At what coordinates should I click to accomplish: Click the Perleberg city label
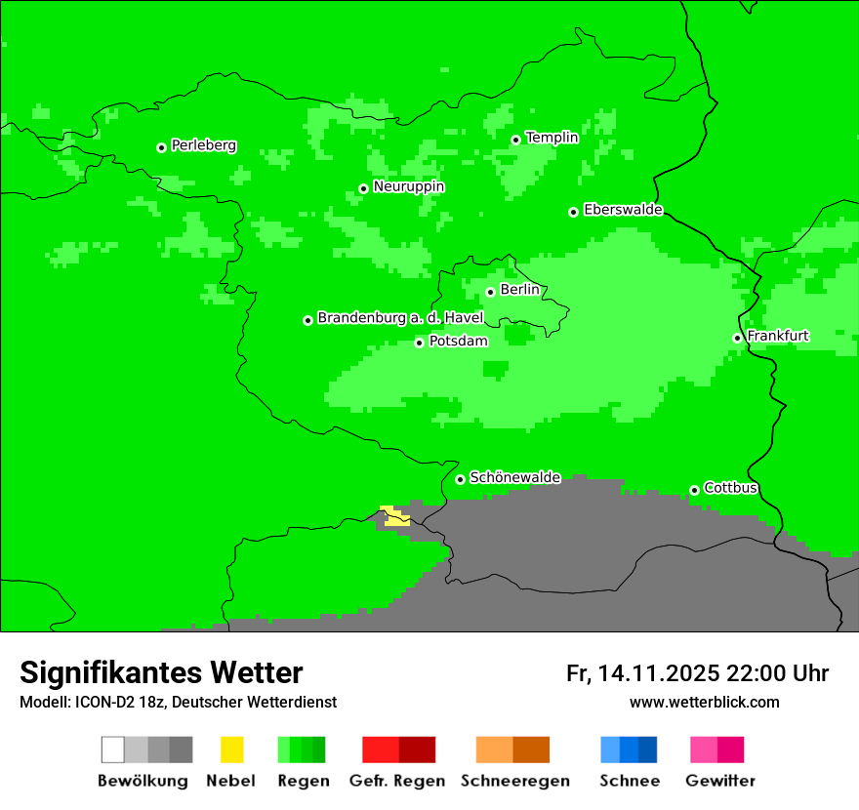tap(203, 145)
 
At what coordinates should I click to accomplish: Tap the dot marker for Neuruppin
tap(363, 188)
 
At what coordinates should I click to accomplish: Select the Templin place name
tap(552, 138)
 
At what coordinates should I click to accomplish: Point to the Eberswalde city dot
tap(574, 212)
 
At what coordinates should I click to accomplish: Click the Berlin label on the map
tap(519, 290)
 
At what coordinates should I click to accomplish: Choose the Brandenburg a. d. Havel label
tap(400, 318)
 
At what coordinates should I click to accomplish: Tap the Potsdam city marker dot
tap(419, 343)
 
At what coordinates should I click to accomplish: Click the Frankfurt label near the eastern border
tap(778, 336)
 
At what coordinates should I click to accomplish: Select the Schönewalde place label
tap(514, 477)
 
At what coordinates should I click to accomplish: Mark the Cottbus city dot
tap(694, 490)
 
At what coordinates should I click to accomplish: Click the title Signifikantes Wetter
tap(161, 672)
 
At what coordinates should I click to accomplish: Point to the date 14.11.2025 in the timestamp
tap(659, 673)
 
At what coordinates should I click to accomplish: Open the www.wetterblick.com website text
tap(704, 702)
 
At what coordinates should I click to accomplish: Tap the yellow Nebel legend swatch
tap(231, 749)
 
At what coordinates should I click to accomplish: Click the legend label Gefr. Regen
tap(397, 781)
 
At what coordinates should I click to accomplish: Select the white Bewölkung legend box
tap(112, 749)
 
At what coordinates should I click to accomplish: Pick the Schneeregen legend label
tap(514, 781)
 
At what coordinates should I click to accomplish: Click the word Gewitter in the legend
tap(720, 781)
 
